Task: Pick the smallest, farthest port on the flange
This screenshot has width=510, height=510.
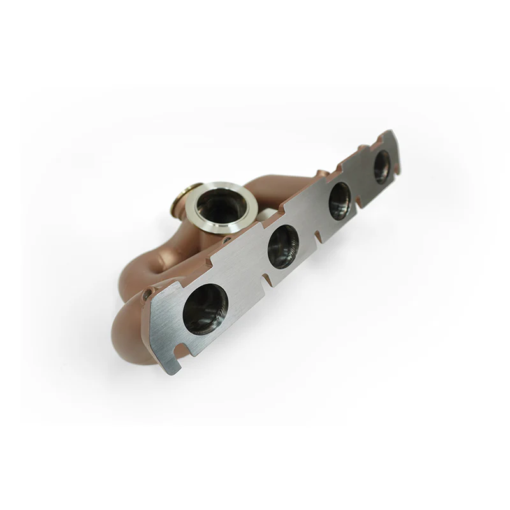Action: pos(382,165)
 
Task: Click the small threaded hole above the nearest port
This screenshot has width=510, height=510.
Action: pos(149,294)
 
